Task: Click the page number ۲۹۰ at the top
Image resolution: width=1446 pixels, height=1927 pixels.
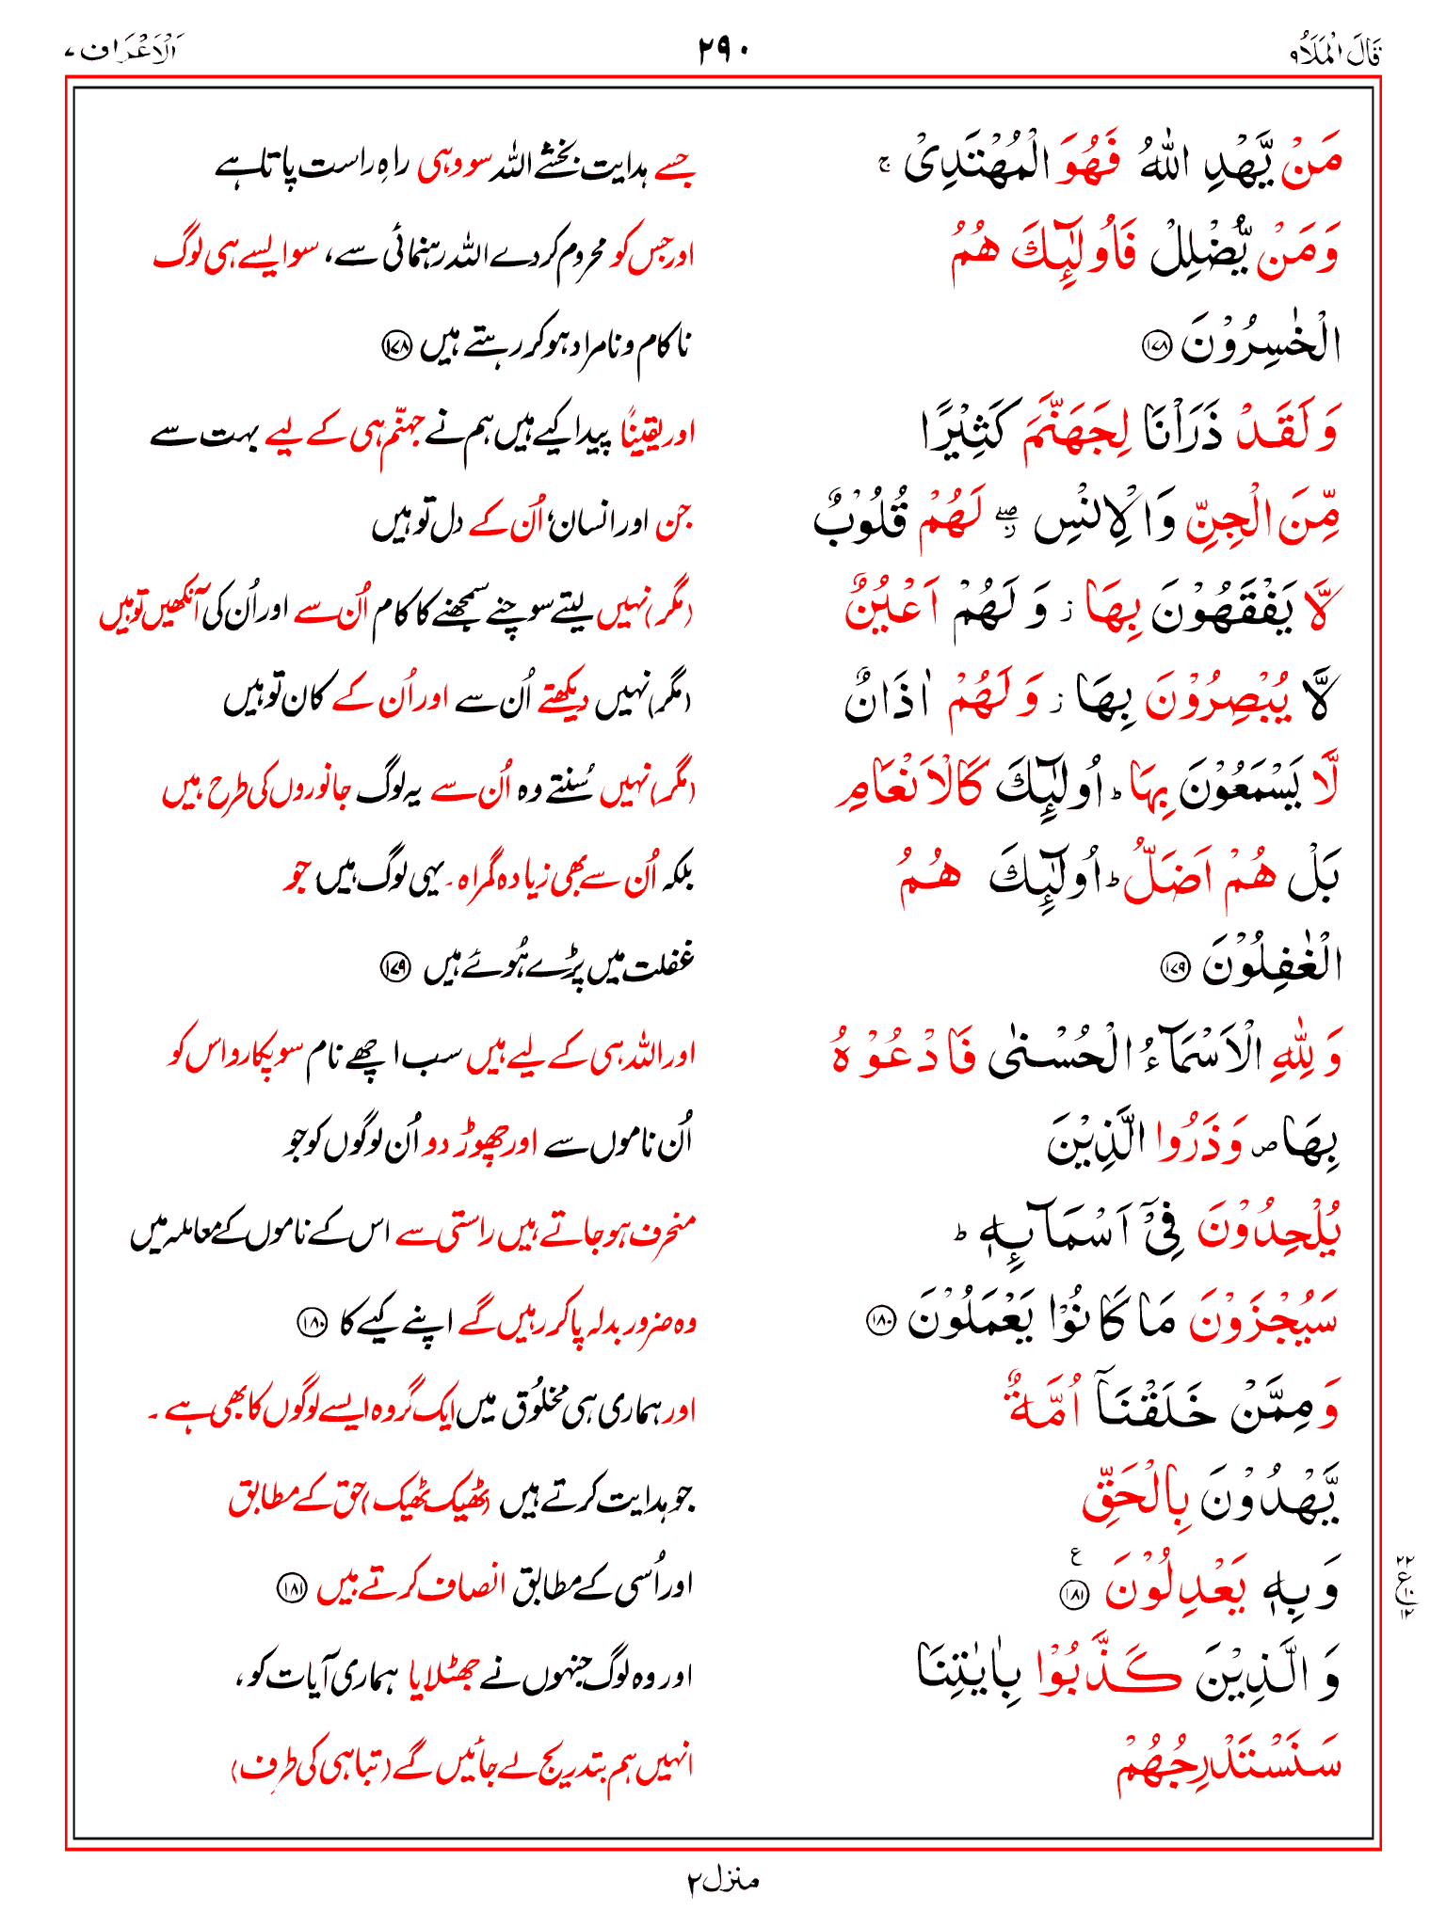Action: pos(723,48)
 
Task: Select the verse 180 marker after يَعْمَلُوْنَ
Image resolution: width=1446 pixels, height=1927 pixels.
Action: pos(879,1321)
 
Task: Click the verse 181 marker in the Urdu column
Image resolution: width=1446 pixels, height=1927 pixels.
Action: pos(291,1588)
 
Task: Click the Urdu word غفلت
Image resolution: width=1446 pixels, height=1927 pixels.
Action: pos(650,963)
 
